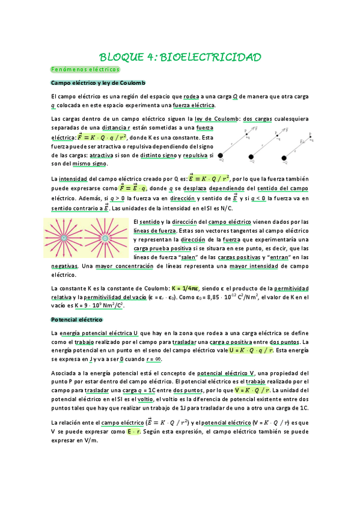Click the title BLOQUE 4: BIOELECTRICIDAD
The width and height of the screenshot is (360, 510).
tap(180, 57)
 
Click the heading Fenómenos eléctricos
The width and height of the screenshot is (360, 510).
tap(77, 70)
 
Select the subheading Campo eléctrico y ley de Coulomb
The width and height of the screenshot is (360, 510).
tap(99, 82)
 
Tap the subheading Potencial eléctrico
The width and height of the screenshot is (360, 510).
tap(77, 319)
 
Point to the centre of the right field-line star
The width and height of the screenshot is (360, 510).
tap(105, 238)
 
